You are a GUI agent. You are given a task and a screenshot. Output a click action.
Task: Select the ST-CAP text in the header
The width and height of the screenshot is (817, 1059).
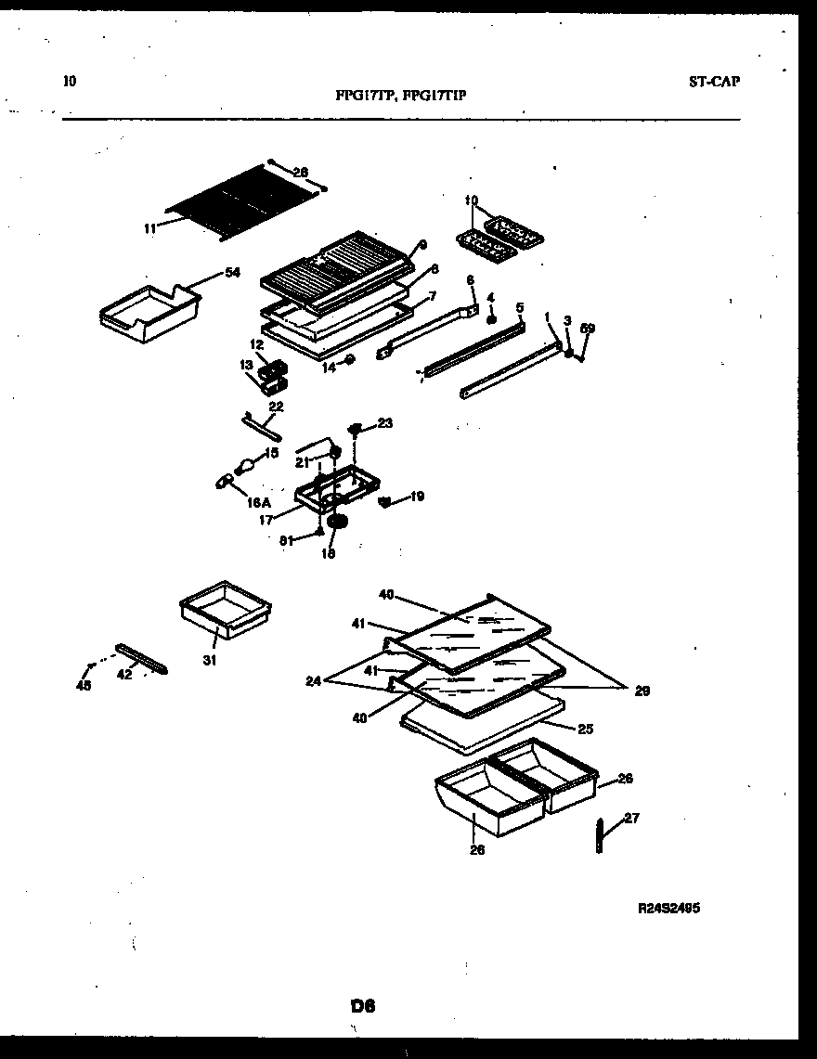714,81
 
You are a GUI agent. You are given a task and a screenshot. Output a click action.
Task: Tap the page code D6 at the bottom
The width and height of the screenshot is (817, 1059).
363,1005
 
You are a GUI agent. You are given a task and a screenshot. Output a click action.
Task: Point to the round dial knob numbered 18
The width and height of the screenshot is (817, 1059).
336,524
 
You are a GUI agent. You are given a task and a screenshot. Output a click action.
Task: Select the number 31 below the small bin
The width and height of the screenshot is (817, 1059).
210,660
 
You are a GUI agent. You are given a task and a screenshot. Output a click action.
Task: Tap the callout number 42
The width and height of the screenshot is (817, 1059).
124,675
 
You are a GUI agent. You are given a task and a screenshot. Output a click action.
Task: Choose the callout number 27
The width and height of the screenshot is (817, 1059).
631,818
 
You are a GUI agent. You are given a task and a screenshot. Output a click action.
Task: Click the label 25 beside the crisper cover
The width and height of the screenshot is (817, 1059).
584,729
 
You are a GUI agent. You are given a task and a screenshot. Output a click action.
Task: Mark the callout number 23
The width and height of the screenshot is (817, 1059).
384,423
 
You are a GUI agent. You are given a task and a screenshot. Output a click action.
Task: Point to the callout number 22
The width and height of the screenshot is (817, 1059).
276,406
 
